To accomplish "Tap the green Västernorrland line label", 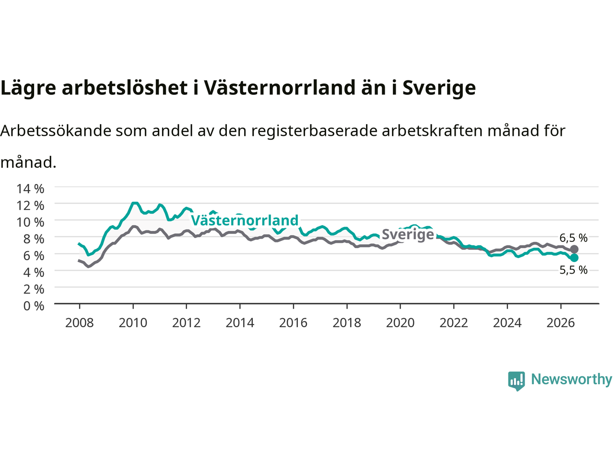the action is (x=245, y=220).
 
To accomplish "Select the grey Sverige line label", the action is (x=408, y=234).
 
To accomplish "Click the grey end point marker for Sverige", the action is (x=574, y=249).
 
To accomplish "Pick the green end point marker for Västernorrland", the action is (x=574, y=257).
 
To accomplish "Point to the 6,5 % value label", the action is (x=573, y=238).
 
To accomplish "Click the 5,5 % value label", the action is (x=573, y=270).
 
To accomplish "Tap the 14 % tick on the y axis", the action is (x=31, y=189).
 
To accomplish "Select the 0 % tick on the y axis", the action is (x=34, y=306).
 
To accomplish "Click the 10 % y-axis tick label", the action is (x=31, y=222).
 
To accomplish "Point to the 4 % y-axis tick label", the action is (x=34, y=272).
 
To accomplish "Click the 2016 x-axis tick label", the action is (x=293, y=323).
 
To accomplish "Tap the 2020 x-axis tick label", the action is (x=400, y=323).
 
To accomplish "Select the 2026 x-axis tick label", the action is (x=561, y=323).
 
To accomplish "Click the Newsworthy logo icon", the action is (x=516, y=381).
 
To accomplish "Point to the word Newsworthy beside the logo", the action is (x=571, y=379).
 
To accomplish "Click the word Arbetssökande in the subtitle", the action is (x=56, y=130).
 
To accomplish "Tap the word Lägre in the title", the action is (x=28, y=88).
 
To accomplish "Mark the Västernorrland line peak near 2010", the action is (x=135, y=203).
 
